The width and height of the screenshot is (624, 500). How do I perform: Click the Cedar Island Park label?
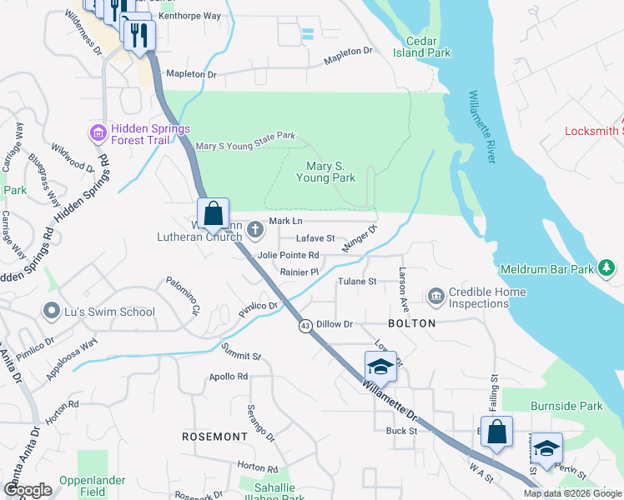tap(428, 47)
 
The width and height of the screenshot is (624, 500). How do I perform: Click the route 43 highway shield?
tap(306, 327)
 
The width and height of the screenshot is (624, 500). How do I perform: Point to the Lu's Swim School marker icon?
tap(52, 312)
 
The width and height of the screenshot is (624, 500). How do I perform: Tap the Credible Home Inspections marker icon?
tap(435, 297)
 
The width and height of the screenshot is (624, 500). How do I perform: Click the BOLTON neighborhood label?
tap(412, 322)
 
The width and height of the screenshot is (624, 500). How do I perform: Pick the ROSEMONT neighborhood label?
tap(215, 436)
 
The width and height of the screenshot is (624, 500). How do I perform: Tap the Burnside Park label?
tap(566, 407)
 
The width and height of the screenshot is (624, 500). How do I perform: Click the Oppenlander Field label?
tap(93, 486)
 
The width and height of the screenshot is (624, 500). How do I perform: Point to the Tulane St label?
tap(357, 282)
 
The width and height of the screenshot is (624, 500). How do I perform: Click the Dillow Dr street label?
tap(335, 323)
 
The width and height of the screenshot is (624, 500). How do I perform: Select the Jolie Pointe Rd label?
tap(289, 255)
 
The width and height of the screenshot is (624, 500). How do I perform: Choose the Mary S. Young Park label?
tap(331, 172)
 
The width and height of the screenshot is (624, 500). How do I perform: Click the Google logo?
tap(28, 490)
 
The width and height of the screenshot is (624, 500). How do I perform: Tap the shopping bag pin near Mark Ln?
tap(214, 213)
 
